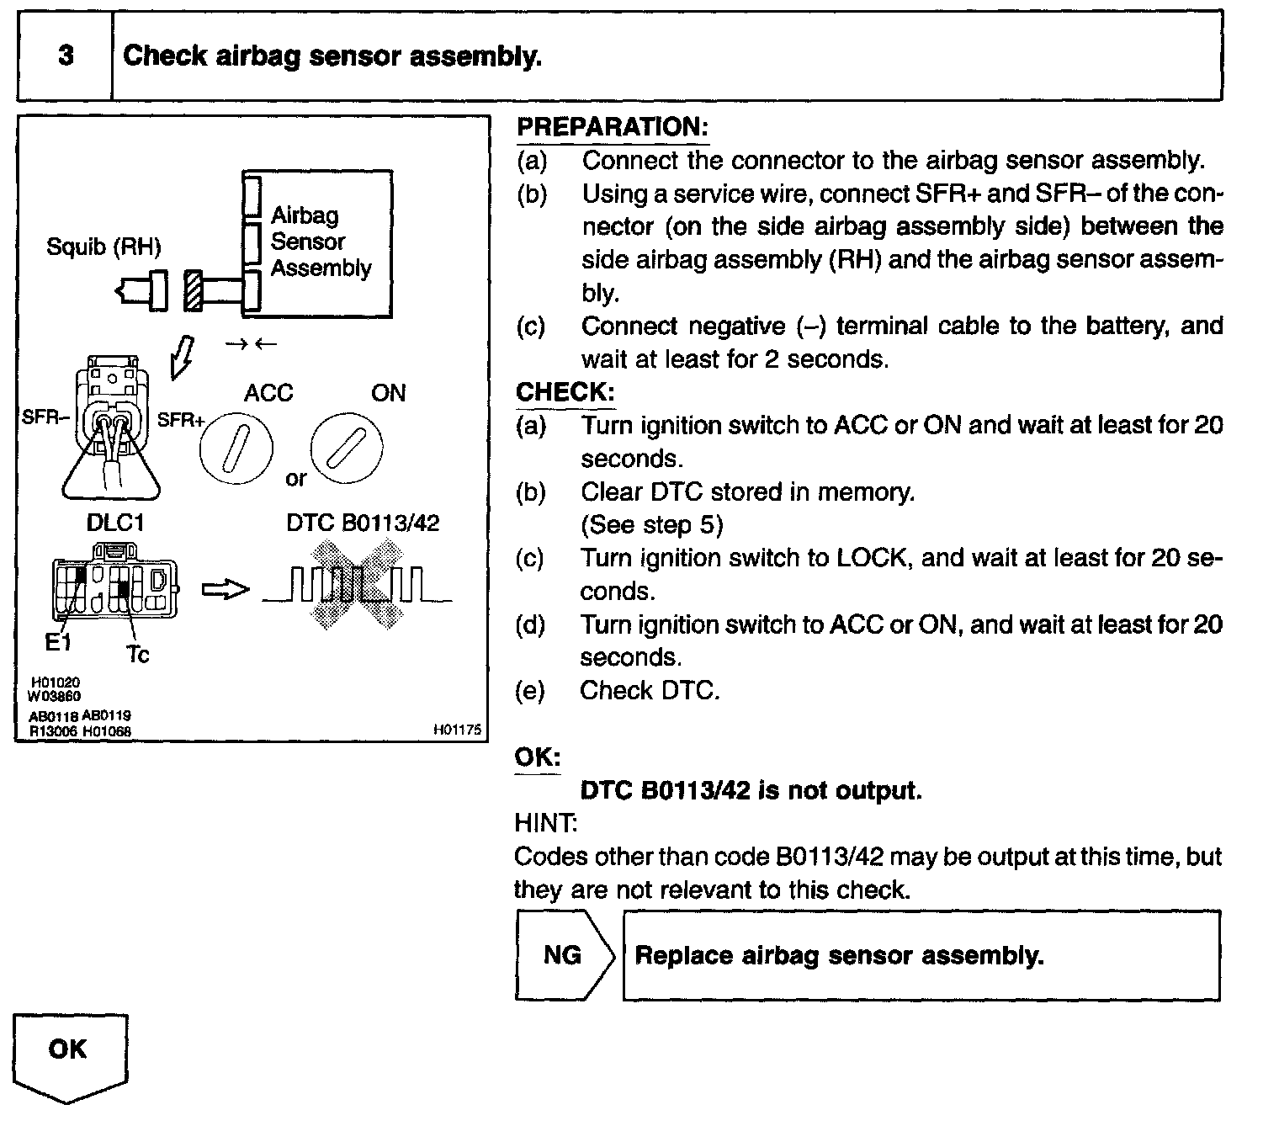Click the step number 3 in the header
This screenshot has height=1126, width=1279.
click(66, 56)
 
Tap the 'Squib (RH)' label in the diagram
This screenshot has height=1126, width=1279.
click(103, 247)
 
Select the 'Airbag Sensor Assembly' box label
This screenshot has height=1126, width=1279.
click(320, 242)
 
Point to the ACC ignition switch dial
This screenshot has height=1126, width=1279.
click(236, 448)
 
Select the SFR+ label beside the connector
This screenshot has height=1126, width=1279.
click(180, 419)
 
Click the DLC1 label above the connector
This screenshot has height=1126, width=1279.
click(115, 523)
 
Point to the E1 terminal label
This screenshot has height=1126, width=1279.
click(58, 644)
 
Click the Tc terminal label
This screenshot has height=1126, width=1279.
click(138, 654)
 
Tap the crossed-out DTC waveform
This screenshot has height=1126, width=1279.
click(357, 586)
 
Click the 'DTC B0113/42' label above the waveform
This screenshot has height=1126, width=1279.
click(363, 523)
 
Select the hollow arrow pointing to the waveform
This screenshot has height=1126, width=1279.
click(226, 590)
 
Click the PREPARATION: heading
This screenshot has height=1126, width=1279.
click(612, 127)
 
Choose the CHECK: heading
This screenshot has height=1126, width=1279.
click(565, 392)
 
